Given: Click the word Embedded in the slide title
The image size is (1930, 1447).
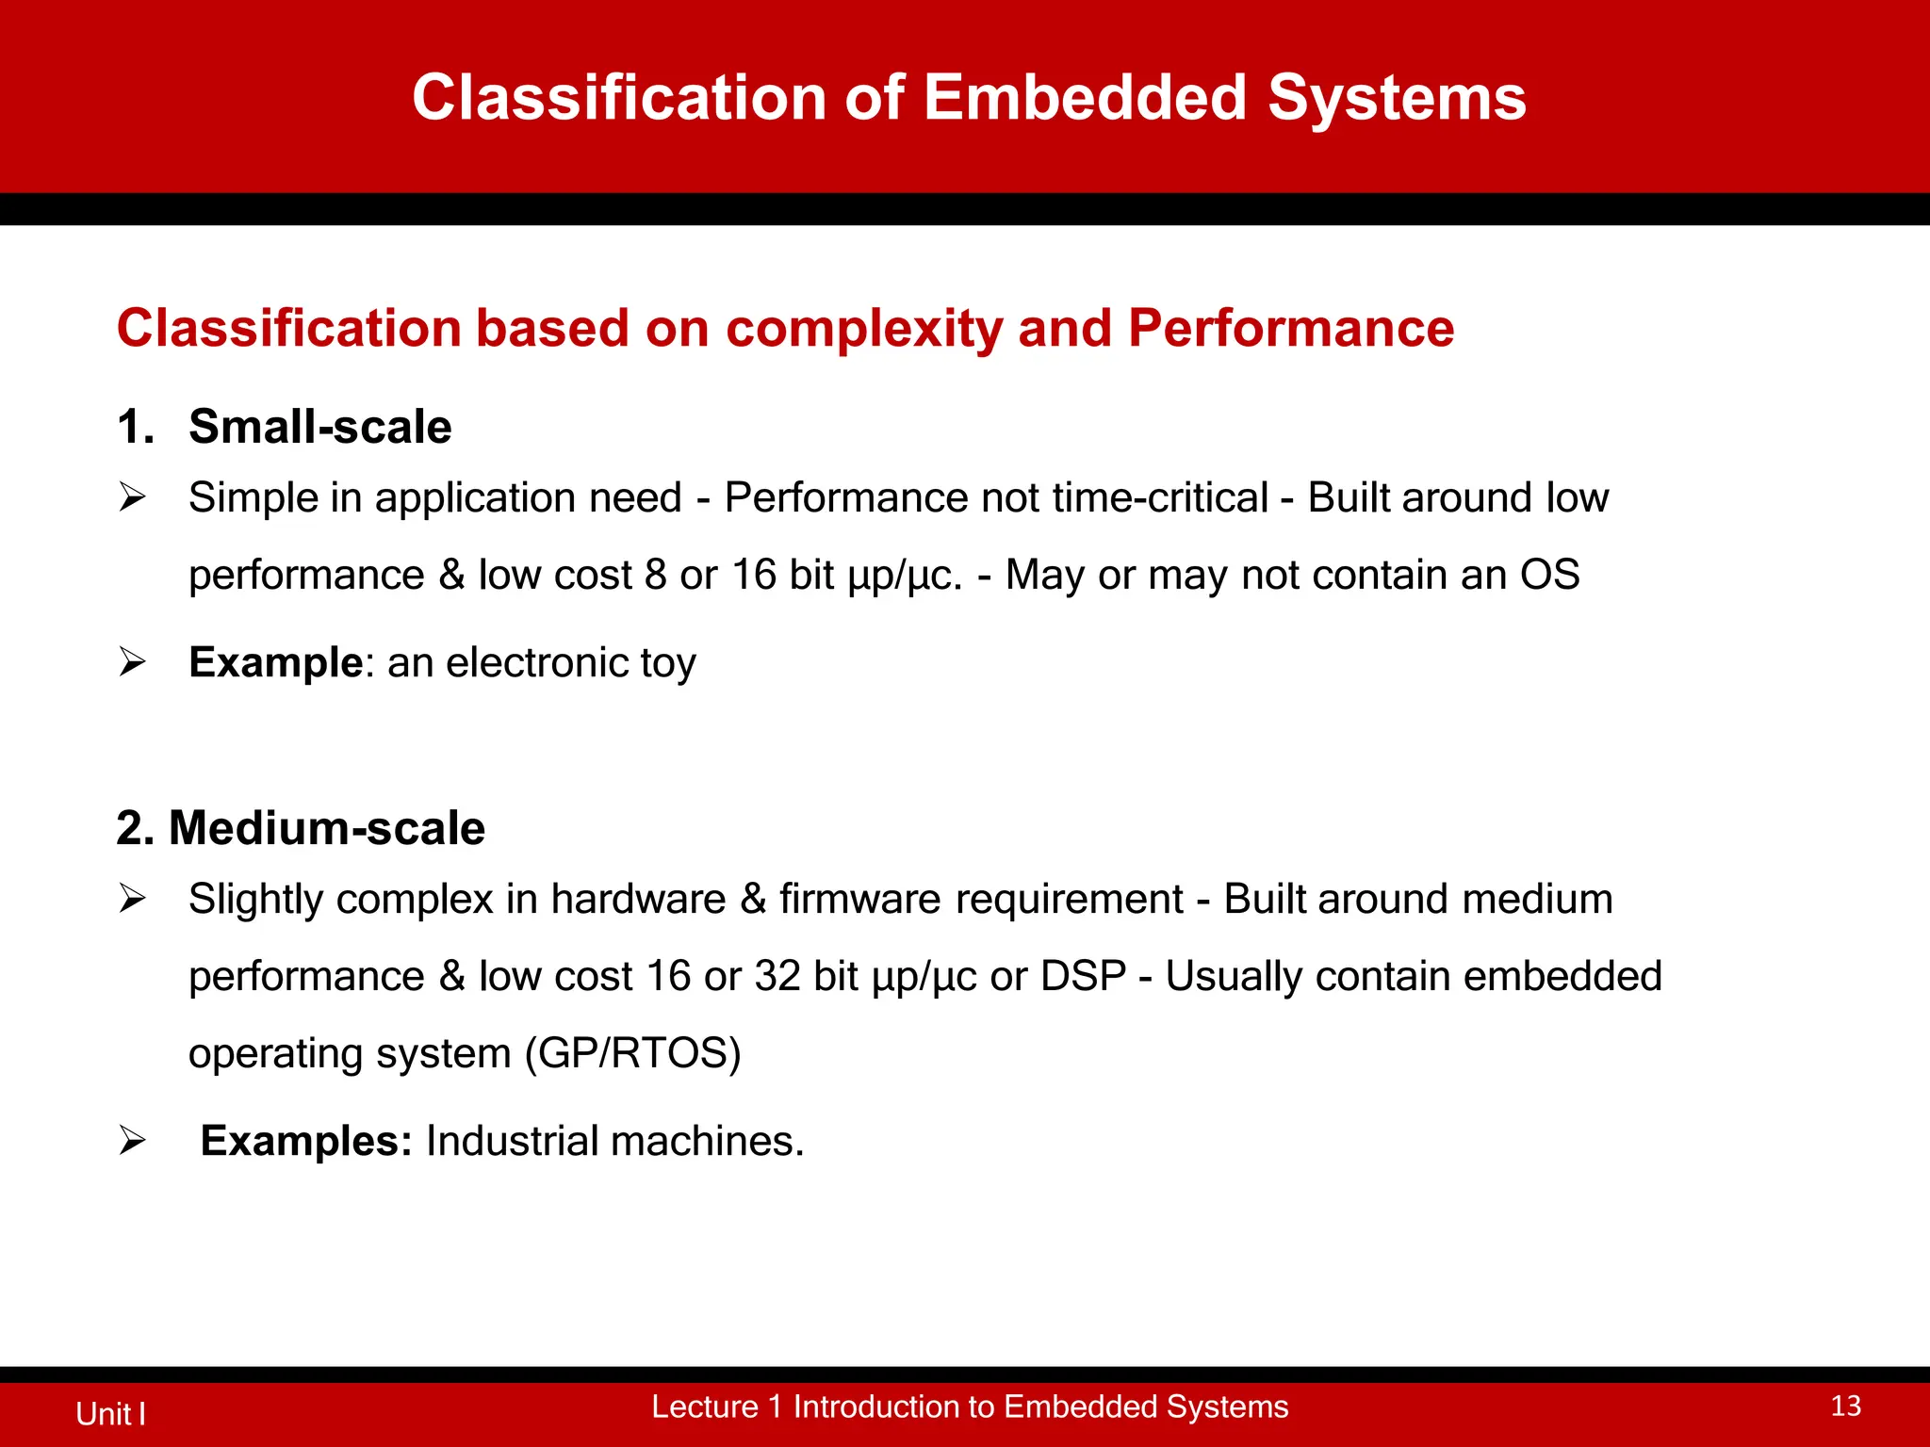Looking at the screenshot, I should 1084,97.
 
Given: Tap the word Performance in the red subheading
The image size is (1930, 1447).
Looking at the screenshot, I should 1290,328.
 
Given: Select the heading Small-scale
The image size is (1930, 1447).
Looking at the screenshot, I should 319,427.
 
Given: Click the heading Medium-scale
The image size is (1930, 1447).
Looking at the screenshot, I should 326,828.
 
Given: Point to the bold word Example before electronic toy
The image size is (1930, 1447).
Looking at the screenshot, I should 275,662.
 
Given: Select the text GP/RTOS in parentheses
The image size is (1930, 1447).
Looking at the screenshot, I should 632,1053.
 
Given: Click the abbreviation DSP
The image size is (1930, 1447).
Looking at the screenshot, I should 1083,976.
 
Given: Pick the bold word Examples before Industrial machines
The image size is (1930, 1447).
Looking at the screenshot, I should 305,1141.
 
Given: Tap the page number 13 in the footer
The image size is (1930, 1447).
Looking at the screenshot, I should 1845,1406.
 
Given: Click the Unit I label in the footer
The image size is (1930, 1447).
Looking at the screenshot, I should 110,1413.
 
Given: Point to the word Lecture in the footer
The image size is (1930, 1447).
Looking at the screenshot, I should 704,1406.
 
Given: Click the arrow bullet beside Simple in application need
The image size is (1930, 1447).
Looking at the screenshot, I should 132,496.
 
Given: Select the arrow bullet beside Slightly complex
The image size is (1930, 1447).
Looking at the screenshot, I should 132,899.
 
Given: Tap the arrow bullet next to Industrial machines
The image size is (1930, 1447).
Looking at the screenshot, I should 132,1141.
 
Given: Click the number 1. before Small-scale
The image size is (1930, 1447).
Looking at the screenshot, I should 135,427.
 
